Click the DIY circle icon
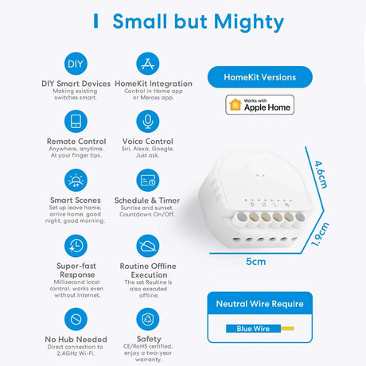(x=76, y=64)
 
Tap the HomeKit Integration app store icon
(x=148, y=64)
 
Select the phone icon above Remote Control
(x=76, y=122)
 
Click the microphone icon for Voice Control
(x=148, y=122)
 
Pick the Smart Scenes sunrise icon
(x=76, y=181)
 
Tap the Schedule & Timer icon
(x=148, y=181)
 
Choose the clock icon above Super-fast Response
(x=76, y=246)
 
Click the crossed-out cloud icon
(x=148, y=246)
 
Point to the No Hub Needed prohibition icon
(x=76, y=319)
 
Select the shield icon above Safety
(x=148, y=319)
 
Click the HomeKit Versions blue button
(x=260, y=77)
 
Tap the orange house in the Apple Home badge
(x=236, y=104)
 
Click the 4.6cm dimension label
(x=321, y=174)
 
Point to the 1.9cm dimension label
(x=320, y=235)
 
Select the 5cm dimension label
(x=255, y=262)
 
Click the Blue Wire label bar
(x=253, y=329)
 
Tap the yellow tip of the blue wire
(x=287, y=329)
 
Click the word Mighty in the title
(x=249, y=22)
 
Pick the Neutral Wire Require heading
(x=260, y=304)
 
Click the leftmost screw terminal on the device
(x=241, y=218)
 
